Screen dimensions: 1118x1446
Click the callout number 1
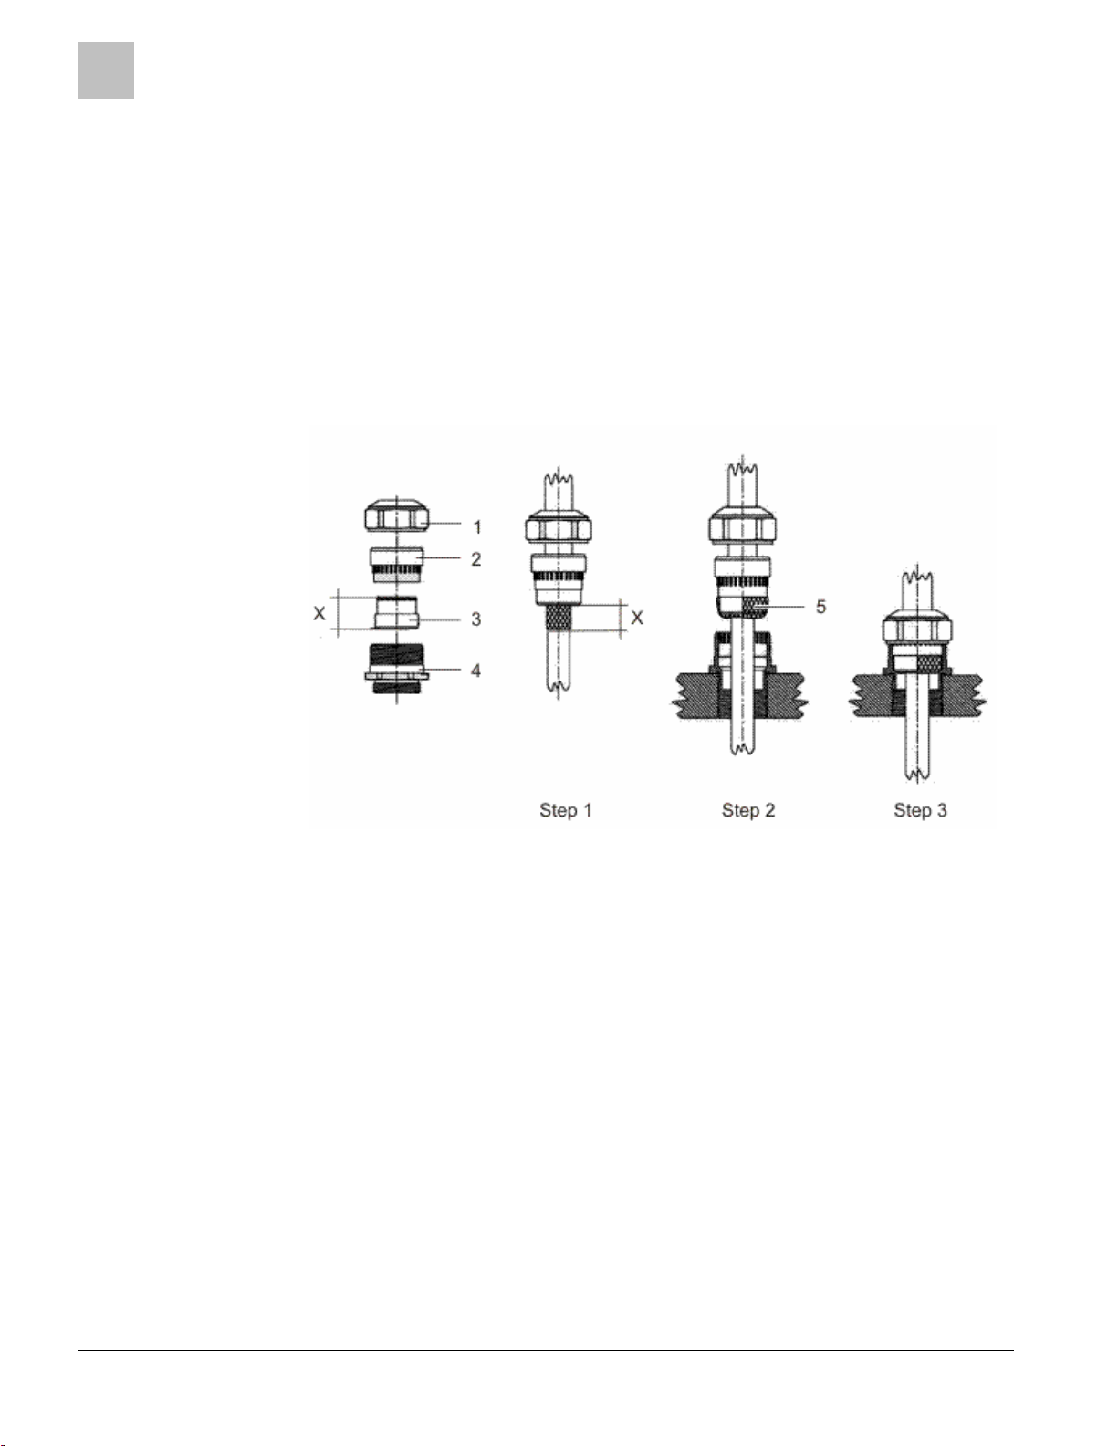(477, 527)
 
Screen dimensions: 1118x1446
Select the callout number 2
(476, 559)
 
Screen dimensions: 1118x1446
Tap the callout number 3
(476, 619)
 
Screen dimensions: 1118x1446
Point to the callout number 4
(476, 671)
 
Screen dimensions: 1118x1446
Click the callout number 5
(821, 606)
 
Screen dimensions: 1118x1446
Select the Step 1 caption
(566, 810)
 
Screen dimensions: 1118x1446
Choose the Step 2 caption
(748, 810)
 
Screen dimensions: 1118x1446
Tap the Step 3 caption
(920, 810)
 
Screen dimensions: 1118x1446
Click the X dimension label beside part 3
(319, 613)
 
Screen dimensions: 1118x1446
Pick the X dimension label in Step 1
(637, 618)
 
